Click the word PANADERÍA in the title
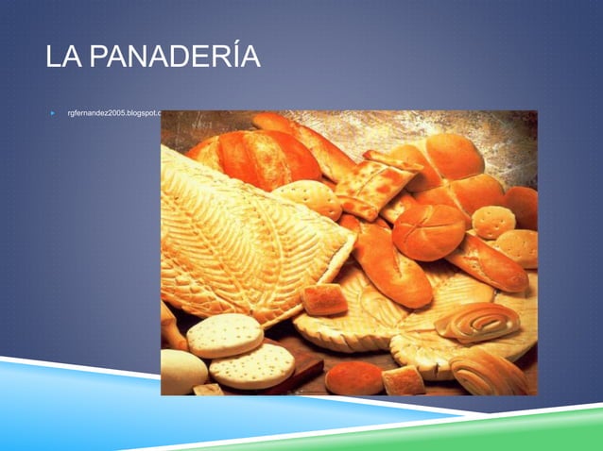(x=176, y=57)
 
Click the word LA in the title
(x=63, y=57)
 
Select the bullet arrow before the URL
(x=53, y=113)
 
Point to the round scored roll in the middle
(x=428, y=231)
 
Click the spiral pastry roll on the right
(x=477, y=322)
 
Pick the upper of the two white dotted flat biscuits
(x=225, y=335)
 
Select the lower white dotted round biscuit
(x=251, y=365)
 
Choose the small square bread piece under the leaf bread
(x=324, y=299)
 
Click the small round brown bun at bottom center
(x=353, y=377)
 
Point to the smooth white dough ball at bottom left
(x=181, y=370)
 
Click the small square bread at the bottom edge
(x=404, y=380)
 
